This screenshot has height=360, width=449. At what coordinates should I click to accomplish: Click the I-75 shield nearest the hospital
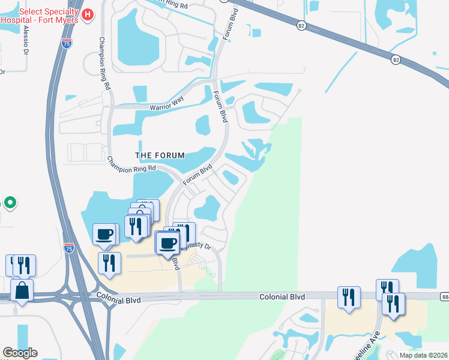pyautogui.click(x=65, y=43)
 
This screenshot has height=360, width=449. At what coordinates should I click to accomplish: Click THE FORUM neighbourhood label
pyautogui.click(x=159, y=155)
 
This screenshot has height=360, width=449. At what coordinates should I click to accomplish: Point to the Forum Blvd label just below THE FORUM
pyautogui.click(x=198, y=174)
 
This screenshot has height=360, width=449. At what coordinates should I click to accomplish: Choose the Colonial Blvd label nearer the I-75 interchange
pyautogui.click(x=118, y=296)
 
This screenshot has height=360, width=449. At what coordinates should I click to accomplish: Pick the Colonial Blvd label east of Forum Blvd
pyautogui.click(x=282, y=297)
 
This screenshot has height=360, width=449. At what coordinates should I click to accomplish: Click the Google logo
pyautogui.click(x=20, y=353)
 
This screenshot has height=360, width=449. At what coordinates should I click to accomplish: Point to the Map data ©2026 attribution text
pyautogui.click(x=423, y=355)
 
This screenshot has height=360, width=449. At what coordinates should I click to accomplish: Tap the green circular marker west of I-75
pyautogui.click(x=10, y=203)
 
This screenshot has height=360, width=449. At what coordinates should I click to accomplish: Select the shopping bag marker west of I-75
pyautogui.click(x=22, y=290)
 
